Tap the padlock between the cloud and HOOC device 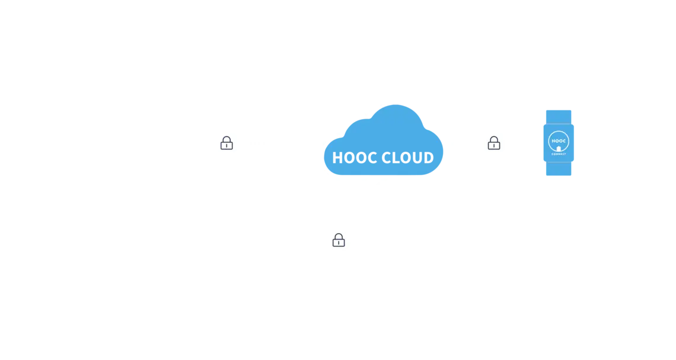[493, 142]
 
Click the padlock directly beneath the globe [338, 240]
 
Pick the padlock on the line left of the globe [226, 142]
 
